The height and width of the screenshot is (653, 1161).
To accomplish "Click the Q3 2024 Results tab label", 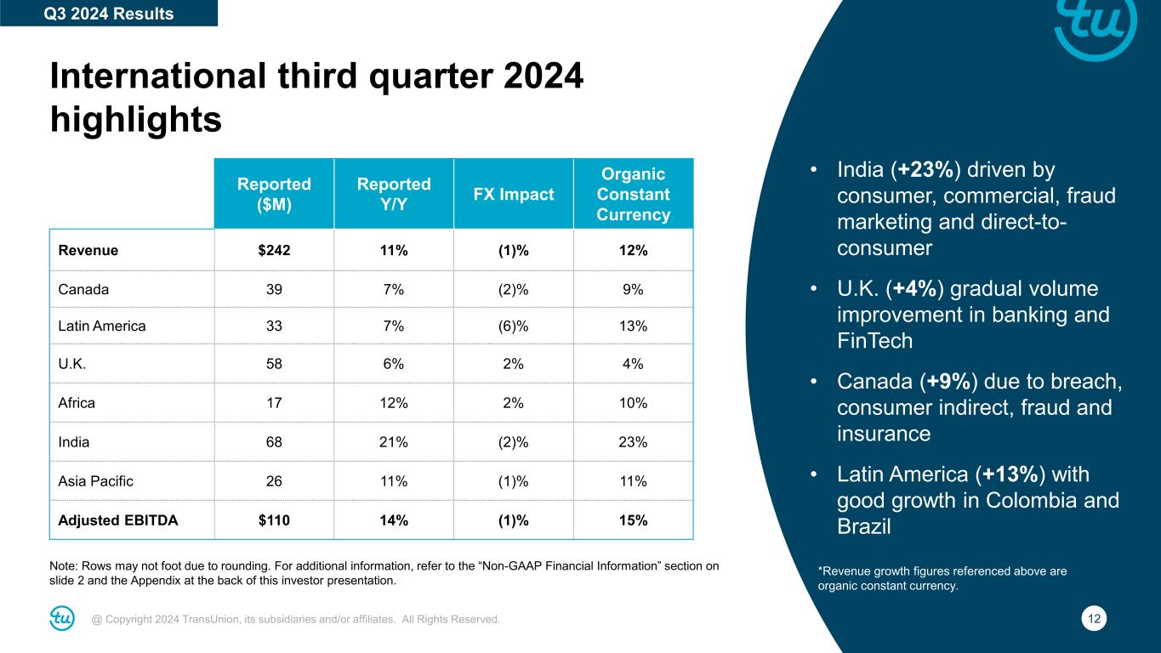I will coord(108,14).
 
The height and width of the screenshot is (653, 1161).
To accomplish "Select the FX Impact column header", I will coord(514,194).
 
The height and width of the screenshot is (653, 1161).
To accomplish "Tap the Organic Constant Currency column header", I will coord(633,194).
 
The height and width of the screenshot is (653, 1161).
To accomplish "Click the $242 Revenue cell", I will coord(273,250).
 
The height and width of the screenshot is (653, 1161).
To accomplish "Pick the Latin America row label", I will coord(101,326).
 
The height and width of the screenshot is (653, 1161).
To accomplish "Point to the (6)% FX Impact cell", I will coord(513,326).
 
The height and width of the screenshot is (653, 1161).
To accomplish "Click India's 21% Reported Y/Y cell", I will coord(394,442).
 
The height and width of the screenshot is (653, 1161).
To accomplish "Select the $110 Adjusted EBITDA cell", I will coord(273,520).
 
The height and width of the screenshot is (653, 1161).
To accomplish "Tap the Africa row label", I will coord(77,403).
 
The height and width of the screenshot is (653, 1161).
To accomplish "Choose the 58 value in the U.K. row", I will coord(273,365).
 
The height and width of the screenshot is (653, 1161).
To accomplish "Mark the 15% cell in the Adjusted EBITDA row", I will coord(634,520).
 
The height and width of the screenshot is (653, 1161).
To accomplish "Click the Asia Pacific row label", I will coord(95,481).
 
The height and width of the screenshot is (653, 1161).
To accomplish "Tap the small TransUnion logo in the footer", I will coord(62,619).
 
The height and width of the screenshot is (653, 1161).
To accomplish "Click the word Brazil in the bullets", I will coord(864,526).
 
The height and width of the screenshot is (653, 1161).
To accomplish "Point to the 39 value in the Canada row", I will coord(273,288).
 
